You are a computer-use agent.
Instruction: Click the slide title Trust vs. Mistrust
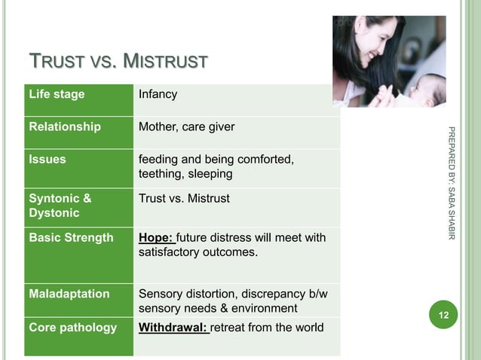click(x=118, y=59)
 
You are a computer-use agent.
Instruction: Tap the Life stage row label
click(x=57, y=95)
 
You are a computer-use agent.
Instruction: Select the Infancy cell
click(x=158, y=95)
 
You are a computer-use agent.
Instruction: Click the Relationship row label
click(x=65, y=127)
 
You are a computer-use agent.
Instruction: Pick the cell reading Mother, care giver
click(x=186, y=127)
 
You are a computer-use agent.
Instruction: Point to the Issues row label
click(x=47, y=160)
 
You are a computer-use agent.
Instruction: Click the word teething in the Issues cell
click(x=161, y=175)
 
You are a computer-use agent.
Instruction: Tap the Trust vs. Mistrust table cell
click(x=184, y=199)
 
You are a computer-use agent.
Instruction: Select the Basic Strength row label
click(x=71, y=238)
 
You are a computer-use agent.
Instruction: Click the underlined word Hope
click(x=156, y=238)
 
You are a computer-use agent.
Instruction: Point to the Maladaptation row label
click(x=69, y=294)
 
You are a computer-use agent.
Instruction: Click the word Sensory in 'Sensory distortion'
click(x=160, y=294)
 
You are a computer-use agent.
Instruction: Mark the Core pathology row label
click(x=72, y=328)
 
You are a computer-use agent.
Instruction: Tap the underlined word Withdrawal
click(x=173, y=328)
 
